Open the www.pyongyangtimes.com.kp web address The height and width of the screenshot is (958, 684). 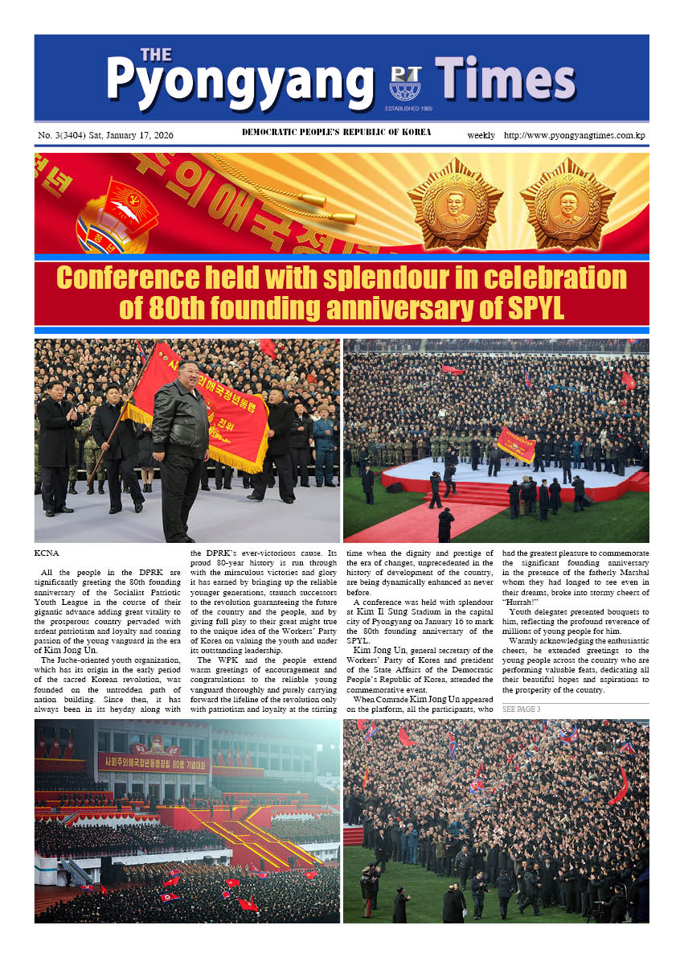click(x=575, y=135)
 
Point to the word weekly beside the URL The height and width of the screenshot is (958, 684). click(x=481, y=135)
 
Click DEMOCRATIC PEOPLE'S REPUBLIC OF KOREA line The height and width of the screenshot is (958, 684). click(x=336, y=133)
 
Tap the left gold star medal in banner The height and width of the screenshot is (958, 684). click(x=454, y=204)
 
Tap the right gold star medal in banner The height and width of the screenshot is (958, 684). click(x=567, y=204)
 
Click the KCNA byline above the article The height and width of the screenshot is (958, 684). click(x=47, y=554)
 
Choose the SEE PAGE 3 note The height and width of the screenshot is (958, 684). click(x=521, y=709)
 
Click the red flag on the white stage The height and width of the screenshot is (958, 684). click(x=515, y=443)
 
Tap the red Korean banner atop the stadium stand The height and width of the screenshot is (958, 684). click(x=153, y=760)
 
